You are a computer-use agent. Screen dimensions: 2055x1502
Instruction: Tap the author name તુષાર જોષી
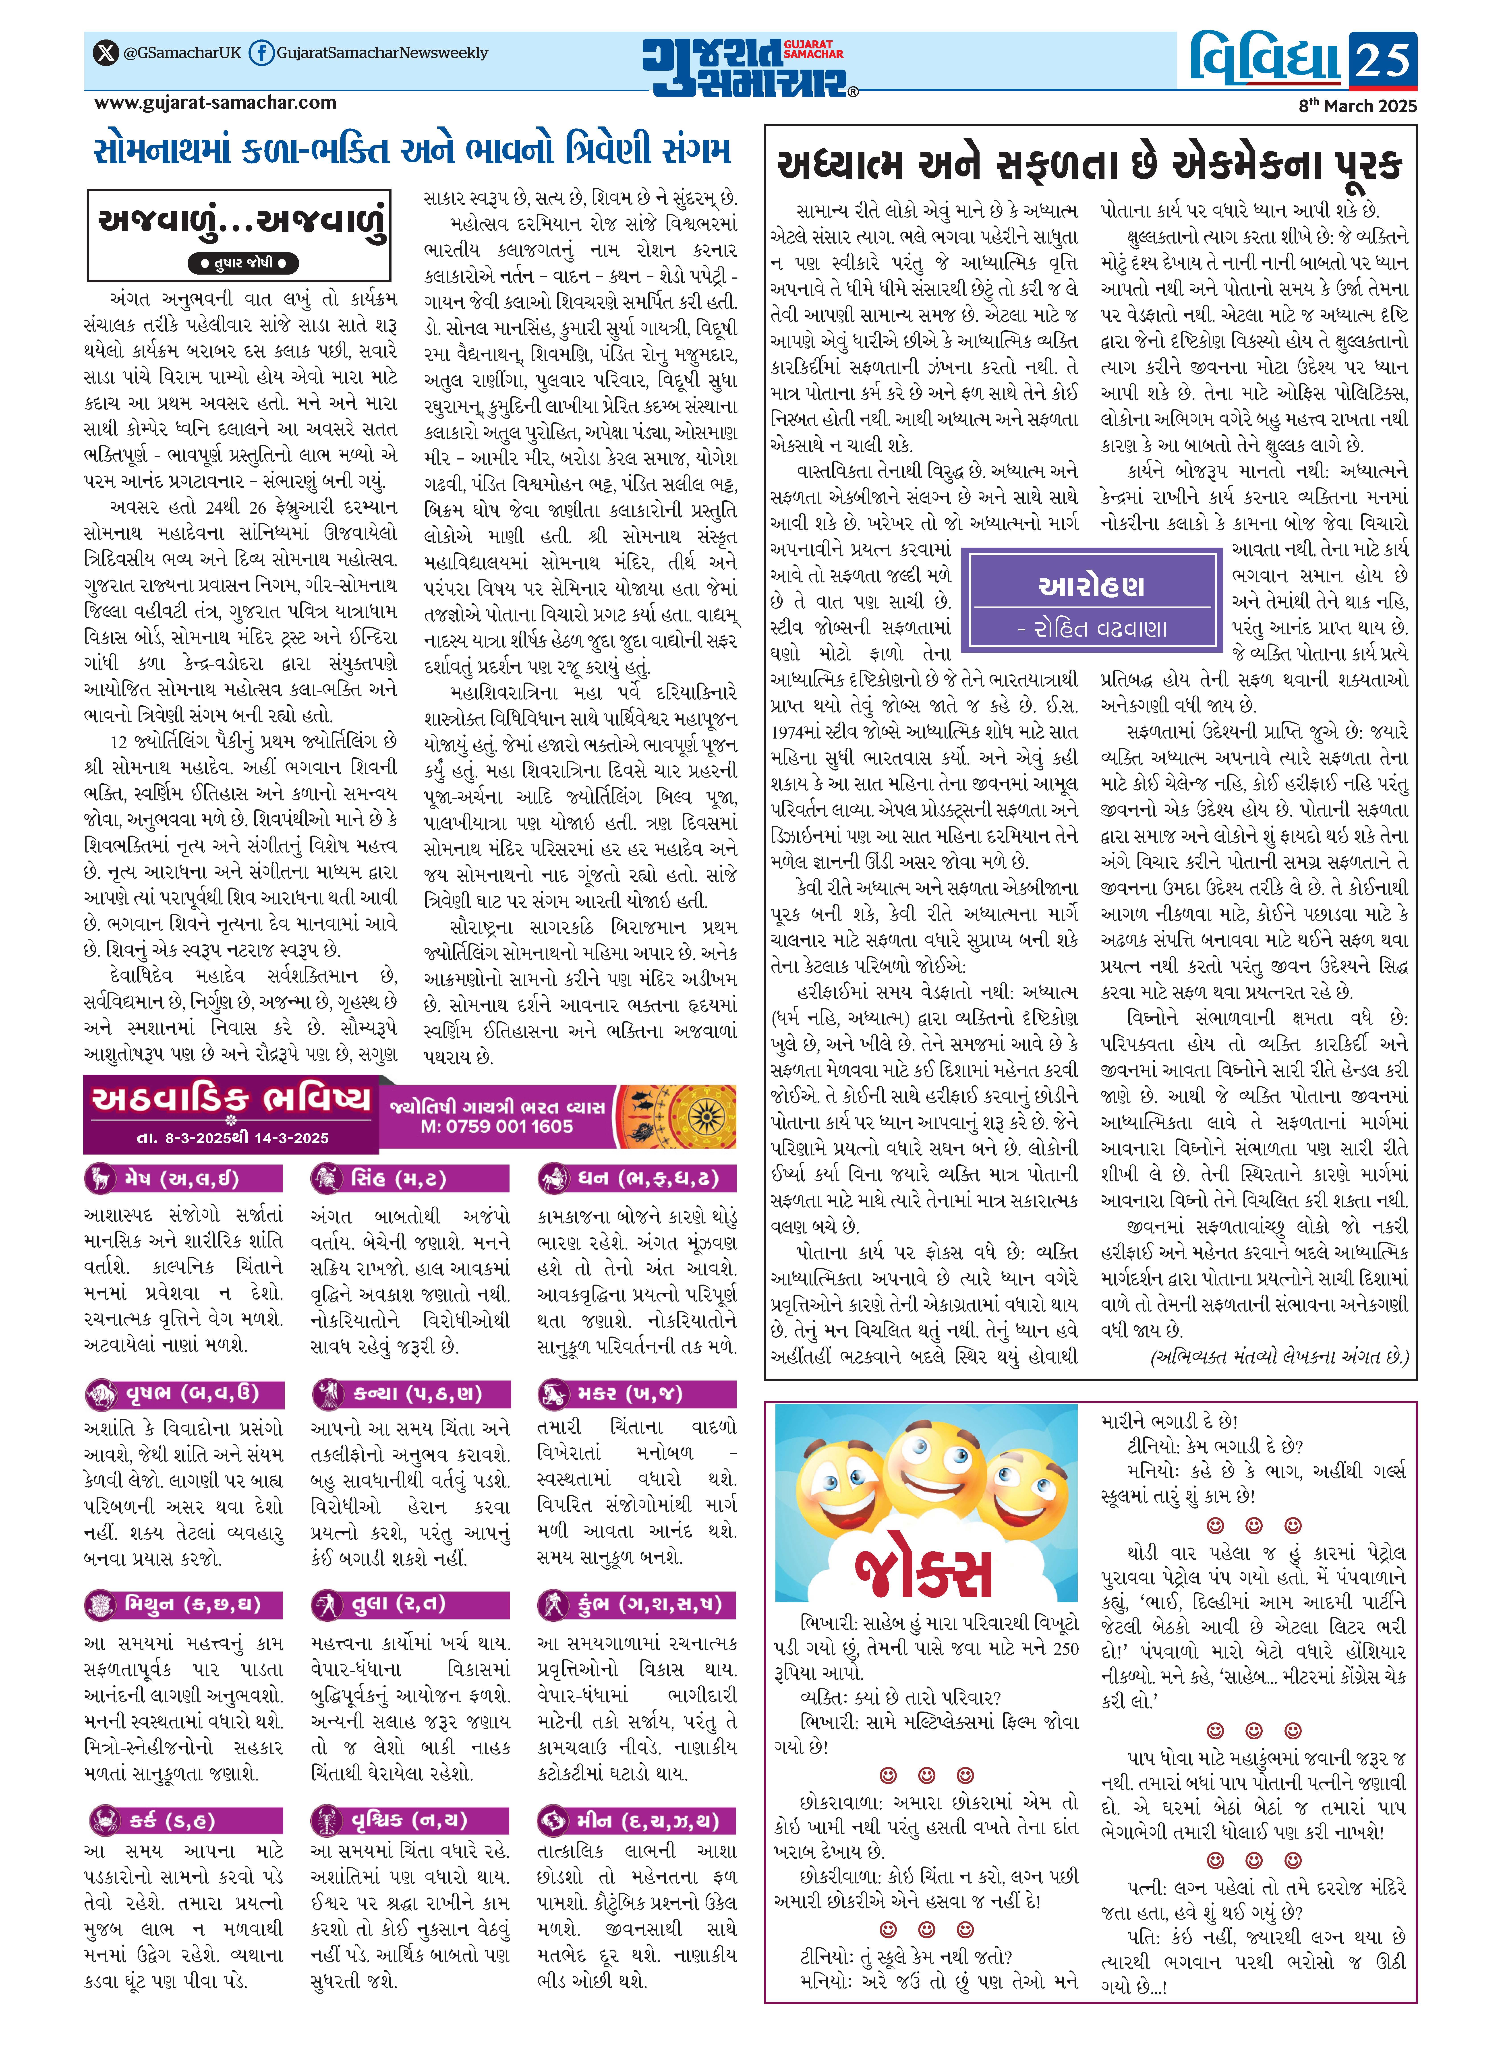tap(242, 264)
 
